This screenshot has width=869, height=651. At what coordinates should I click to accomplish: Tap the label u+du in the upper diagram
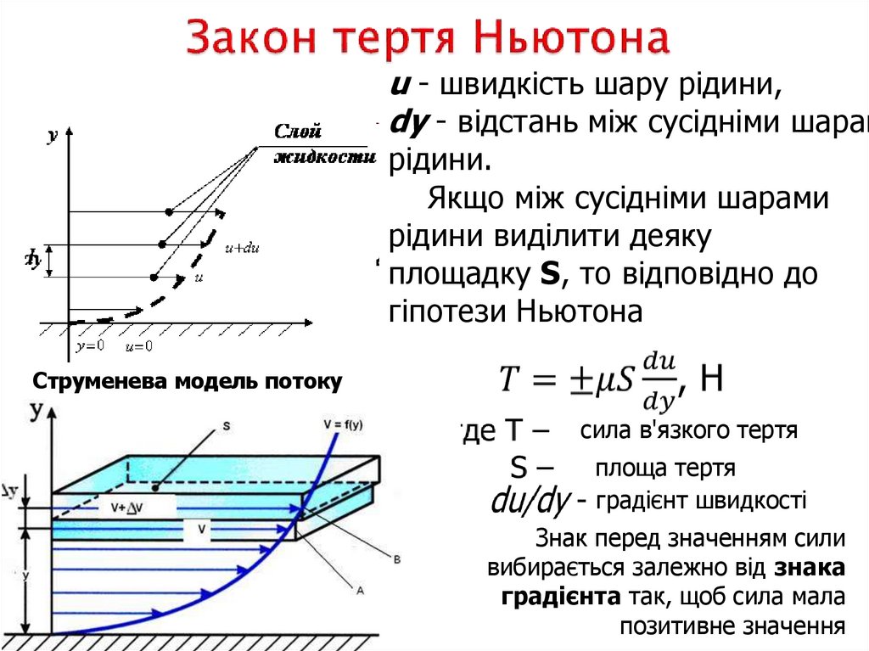[241, 249]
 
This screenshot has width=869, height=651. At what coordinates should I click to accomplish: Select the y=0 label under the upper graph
[89, 345]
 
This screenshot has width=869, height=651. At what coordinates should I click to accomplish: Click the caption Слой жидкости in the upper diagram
[323, 143]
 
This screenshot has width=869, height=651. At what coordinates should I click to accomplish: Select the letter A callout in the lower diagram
[360, 589]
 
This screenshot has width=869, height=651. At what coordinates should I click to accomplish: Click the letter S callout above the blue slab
[226, 425]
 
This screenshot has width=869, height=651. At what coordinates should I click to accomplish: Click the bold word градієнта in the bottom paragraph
[560, 596]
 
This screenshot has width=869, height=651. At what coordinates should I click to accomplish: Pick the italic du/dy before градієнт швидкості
[530, 502]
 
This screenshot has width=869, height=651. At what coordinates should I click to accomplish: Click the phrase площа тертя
[664, 468]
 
